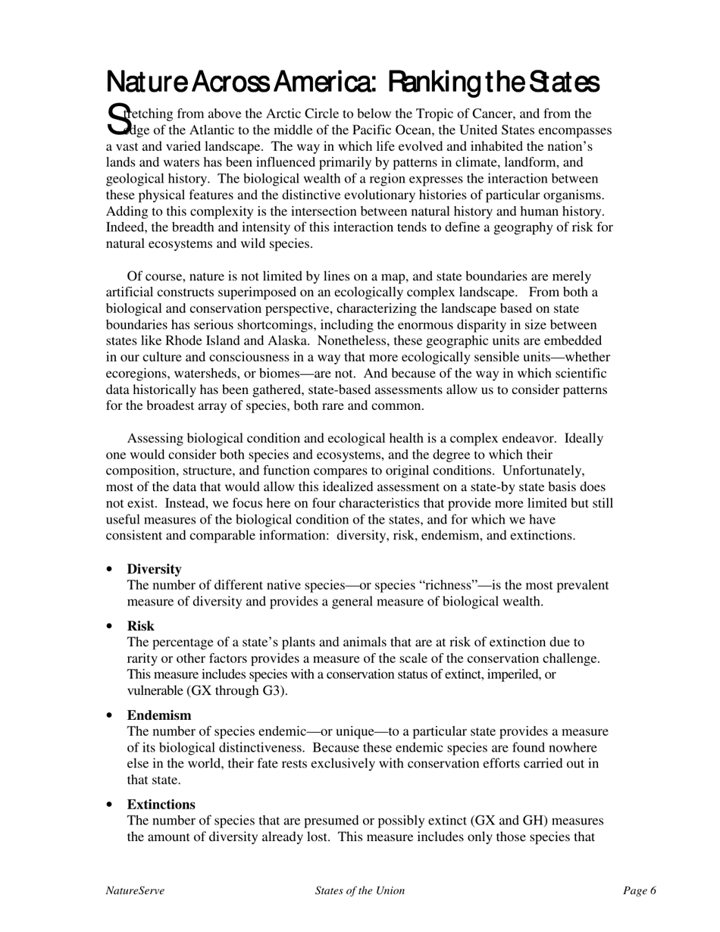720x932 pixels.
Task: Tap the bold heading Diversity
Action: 154,569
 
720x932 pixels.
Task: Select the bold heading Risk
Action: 140,626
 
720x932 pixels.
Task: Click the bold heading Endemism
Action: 159,715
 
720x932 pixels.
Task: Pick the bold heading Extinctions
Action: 161,804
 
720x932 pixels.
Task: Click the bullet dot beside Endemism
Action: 111,716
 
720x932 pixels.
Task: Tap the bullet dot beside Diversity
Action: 111,570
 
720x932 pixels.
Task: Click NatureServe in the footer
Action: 135,891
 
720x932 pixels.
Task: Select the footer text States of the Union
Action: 360,891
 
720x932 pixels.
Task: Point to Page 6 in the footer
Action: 640,891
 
